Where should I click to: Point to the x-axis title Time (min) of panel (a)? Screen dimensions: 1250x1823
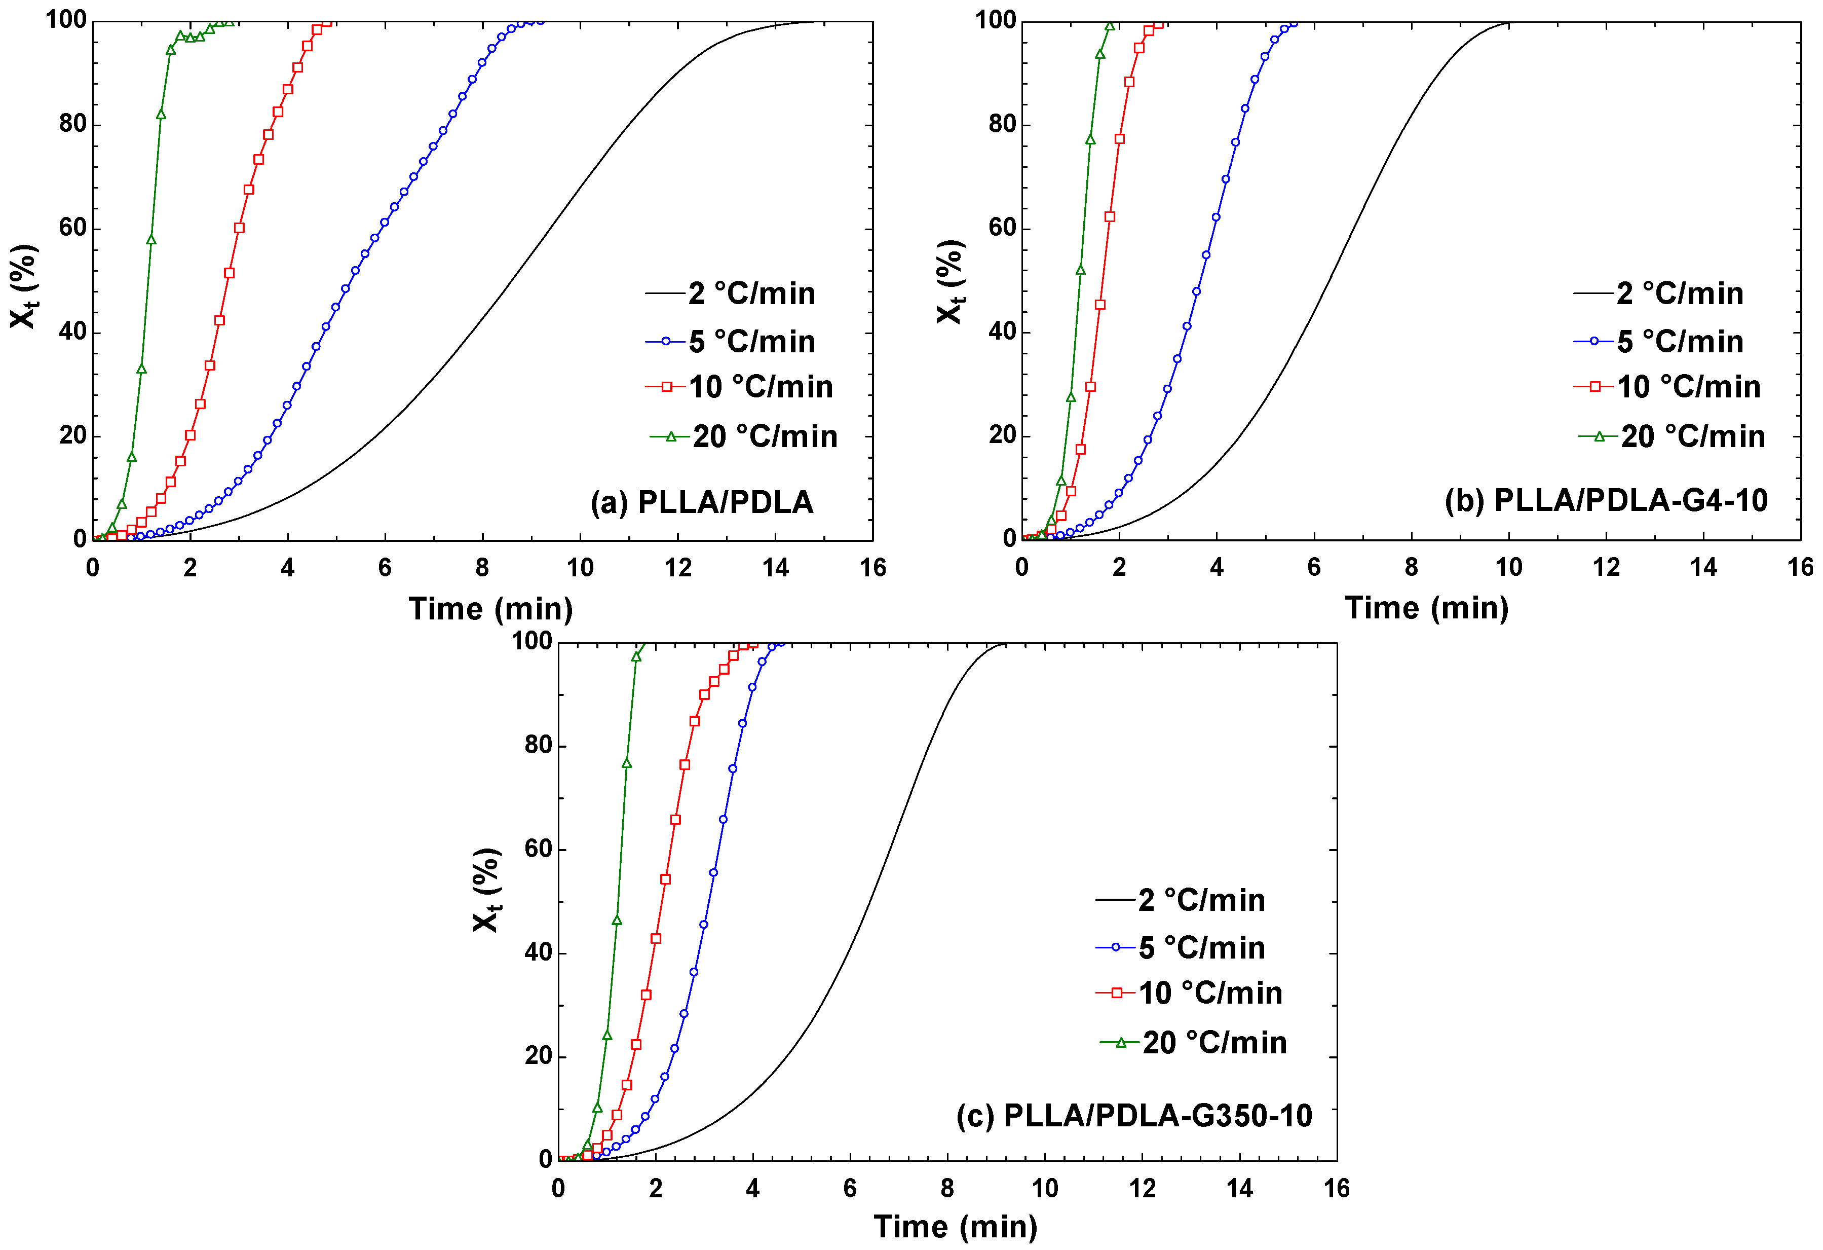click(x=490, y=609)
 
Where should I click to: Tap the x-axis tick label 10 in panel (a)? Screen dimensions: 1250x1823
click(x=580, y=568)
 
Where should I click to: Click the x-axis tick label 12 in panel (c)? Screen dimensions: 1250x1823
click(x=1142, y=1189)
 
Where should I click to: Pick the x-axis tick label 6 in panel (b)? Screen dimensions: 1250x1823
click(x=1314, y=567)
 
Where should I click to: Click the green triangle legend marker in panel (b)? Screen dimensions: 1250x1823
click(x=1599, y=436)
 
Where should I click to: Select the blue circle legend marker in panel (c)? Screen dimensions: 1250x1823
click(x=1116, y=947)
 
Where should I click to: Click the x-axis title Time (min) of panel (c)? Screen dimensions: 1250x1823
click(x=956, y=1227)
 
